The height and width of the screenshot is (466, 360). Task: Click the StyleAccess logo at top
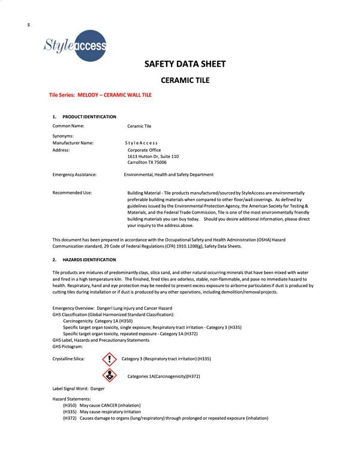75,46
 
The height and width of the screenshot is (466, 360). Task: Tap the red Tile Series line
100,95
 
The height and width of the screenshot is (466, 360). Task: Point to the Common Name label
68,126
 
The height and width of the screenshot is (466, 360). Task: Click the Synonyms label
63,136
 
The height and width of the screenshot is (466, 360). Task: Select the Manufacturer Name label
73,143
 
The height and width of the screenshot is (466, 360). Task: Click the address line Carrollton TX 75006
147,162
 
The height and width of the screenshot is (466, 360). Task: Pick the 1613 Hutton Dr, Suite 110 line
153,156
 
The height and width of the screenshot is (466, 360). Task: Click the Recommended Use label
72,193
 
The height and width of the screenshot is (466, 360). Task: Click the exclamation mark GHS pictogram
108,359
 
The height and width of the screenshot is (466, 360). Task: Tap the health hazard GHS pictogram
108,375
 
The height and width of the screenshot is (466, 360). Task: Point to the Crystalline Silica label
68,359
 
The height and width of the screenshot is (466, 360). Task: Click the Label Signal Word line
79,389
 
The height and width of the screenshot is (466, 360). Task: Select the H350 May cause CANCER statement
101,405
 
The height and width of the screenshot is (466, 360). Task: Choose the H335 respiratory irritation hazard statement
102,412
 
